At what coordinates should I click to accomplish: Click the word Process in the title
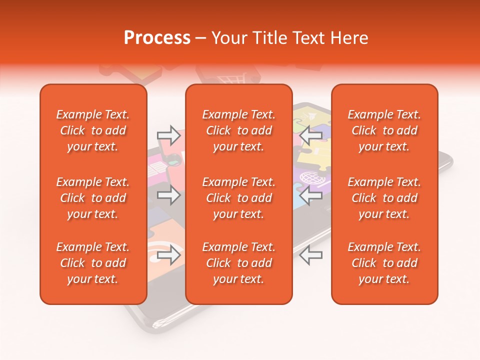pyautogui.click(x=157, y=38)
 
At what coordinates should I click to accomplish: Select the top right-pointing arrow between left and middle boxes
pyautogui.click(x=168, y=135)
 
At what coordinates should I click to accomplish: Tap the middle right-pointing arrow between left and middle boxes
pyautogui.click(x=168, y=195)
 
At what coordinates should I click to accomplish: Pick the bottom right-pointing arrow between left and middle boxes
pyautogui.click(x=168, y=254)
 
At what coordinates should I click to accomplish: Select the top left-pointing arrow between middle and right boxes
pyautogui.click(x=311, y=135)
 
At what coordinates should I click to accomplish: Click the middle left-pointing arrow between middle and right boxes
pyautogui.click(x=311, y=195)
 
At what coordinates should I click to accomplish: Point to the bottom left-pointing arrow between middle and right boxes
pyautogui.click(x=311, y=254)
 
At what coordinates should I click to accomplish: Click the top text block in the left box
pyautogui.click(x=93, y=130)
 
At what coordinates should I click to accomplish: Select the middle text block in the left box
pyautogui.click(x=93, y=198)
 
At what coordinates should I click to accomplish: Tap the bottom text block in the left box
pyautogui.click(x=93, y=263)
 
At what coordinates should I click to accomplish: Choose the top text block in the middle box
pyautogui.click(x=238, y=130)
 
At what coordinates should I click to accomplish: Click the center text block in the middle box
pyautogui.click(x=238, y=198)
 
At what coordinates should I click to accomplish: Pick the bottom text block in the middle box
pyautogui.click(x=238, y=263)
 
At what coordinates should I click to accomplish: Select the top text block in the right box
pyautogui.click(x=384, y=130)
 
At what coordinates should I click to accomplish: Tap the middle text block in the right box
pyautogui.click(x=384, y=198)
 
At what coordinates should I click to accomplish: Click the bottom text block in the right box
pyautogui.click(x=384, y=263)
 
